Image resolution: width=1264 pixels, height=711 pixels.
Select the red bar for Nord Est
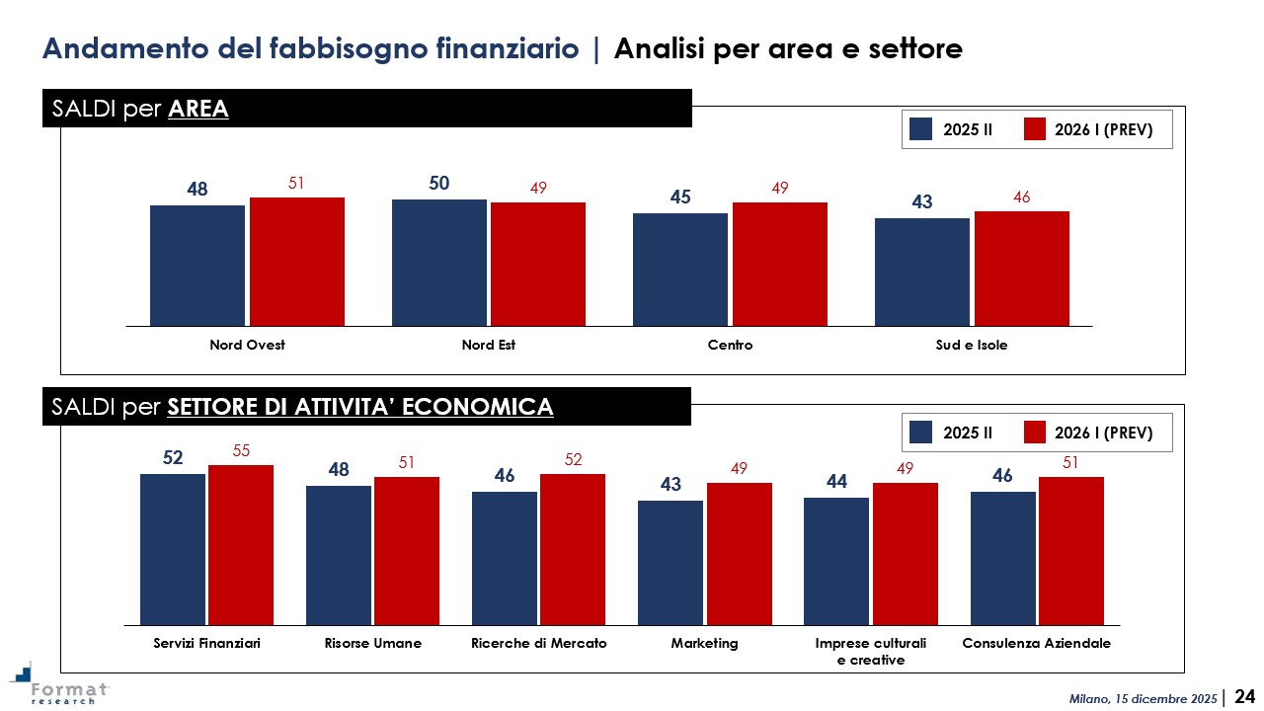[x=538, y=264]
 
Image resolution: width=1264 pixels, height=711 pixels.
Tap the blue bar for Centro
[x=680, y=269]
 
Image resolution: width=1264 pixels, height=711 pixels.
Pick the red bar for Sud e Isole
[x=1021, y=268]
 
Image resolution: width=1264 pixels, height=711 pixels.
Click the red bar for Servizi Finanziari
[x=241, y=544]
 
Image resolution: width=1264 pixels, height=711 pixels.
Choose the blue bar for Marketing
[x=671, y=562]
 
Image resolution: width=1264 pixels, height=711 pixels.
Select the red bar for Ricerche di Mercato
[x=573, y=549]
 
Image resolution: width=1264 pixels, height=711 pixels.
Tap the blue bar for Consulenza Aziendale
[x=1003, y=558]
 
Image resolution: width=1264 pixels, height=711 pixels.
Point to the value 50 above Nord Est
[x=439, y=183]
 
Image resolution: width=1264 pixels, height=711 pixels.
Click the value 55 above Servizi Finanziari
[x=241, y=450]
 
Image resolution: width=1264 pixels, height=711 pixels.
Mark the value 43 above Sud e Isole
[x=922, y=201]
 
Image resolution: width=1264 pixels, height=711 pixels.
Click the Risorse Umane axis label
[x=373, y=644]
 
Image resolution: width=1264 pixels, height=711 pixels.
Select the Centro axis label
[x=730, y=346]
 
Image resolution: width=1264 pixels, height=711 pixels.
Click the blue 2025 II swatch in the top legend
[x=921, y=129]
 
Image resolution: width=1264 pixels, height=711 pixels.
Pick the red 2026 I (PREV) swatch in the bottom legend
[x=1034, y=433]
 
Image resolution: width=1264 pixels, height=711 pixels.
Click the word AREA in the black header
[x=198, y=109]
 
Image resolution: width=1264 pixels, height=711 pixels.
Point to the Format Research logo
[x=59, y=684]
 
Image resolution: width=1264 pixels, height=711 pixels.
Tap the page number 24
[x=1245, y=696]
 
